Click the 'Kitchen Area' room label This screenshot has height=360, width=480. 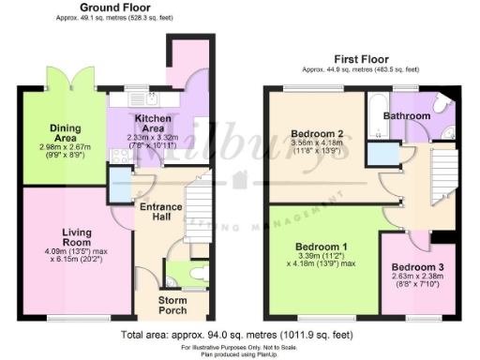click(x=153, y=126)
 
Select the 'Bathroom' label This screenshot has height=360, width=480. click(x=412, y=116)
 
